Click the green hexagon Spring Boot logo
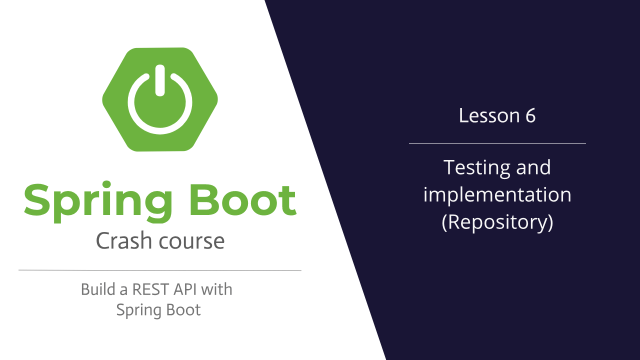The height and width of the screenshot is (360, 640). point(160,99)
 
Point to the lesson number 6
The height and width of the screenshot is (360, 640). point(530,115)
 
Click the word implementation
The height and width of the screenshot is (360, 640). point(497,194)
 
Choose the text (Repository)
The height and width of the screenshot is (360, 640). point(497,222)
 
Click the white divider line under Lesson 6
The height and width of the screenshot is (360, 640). point(497,143)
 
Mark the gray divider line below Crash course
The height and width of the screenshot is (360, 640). point(160,270)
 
